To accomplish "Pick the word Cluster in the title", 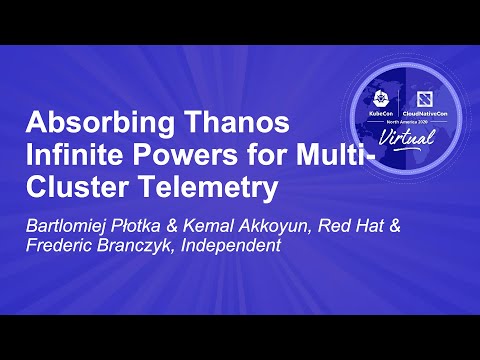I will coord(73,187).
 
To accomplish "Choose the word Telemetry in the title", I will coord(199,187).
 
